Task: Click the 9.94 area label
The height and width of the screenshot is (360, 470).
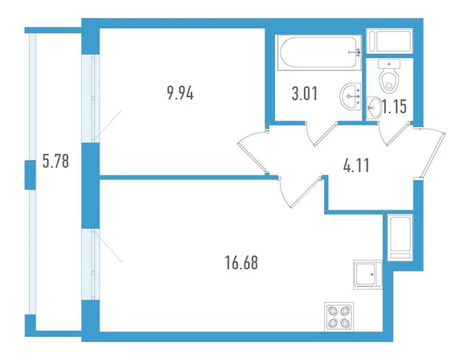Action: coord(180,93)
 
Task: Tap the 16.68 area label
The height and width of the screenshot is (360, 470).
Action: coord(238,263)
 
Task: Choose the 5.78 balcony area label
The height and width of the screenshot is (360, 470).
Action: coord(56,161)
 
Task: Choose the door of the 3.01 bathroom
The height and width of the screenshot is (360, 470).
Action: coord(323,133)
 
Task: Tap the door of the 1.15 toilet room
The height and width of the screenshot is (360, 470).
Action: coord(396,134)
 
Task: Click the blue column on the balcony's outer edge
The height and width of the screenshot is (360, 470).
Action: coord(30,174)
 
